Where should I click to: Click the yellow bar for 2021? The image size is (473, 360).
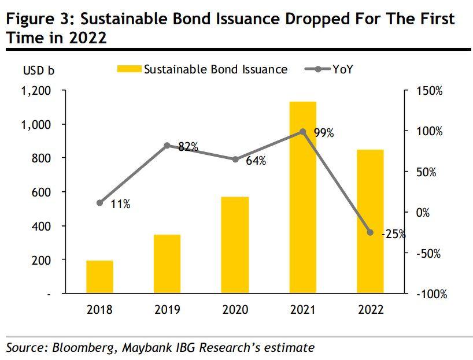(x=302, y=197)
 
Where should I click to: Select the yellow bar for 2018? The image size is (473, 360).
(x=99, y=277)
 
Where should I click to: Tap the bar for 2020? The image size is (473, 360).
(x=235, y=245)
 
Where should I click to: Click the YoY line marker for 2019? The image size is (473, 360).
(x=167, y=146)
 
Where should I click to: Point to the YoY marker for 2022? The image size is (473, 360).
(x=370, y=232)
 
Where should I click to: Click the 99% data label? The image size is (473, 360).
(x=324, y=133)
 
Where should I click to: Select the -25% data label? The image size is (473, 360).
(x=393, y=235)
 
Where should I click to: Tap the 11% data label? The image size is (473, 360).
(x=120, y=203)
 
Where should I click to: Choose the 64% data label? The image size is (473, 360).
(x=256, y=161)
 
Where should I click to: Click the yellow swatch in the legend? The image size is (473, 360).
(x=129, y=69)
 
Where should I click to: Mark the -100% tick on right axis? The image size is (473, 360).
(x=431, y=294)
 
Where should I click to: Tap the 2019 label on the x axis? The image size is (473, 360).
(x=167, y=310)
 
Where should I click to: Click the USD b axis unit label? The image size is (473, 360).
(x=39, y=71)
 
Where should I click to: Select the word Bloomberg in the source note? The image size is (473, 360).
(x=77, y=348)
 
